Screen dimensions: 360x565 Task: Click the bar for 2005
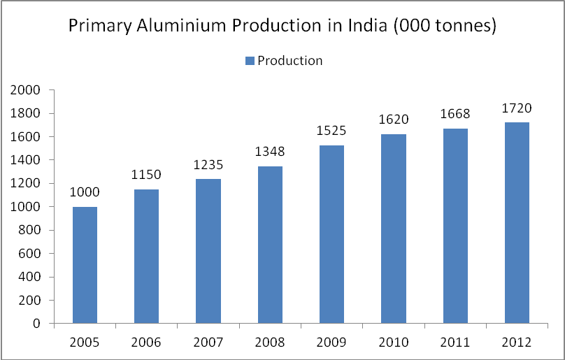tap(85, 265)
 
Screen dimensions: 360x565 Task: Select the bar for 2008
tap(270, 245)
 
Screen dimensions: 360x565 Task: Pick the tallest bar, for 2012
tap(517, 223)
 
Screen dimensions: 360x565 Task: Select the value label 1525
tap(331, 130)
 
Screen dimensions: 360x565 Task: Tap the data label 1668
tap(455, 113)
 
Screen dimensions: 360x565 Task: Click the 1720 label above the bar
tap(517, 108)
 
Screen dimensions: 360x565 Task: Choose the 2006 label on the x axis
tap(146, 343)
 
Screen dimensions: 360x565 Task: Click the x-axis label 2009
tap(331, 343)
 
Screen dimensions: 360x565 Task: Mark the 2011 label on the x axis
tap(455, 343)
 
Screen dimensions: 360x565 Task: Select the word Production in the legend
tap(290, 60)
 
